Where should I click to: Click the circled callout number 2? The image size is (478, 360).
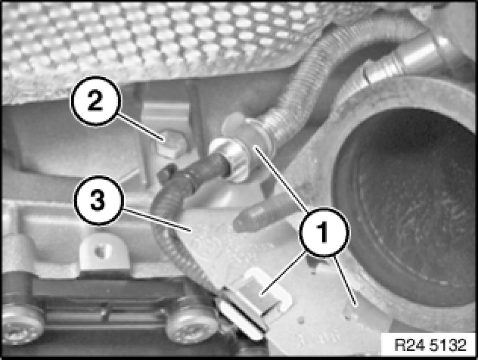96,101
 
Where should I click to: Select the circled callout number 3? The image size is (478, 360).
98,200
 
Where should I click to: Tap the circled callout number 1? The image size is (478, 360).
324,232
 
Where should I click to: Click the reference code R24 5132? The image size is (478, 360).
430,345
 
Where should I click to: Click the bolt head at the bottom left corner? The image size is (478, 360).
21,322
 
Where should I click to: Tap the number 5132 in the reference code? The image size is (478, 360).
448,345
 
